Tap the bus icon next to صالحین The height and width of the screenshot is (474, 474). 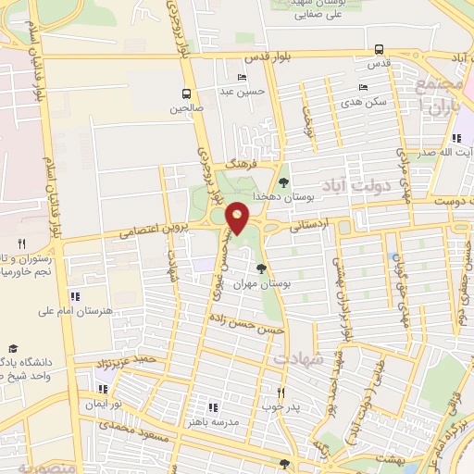187,94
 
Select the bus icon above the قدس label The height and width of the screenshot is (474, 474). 379,50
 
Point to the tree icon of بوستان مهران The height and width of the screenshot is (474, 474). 261,268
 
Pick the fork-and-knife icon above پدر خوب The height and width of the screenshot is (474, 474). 281,391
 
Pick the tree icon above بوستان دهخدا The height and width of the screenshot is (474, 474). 283,182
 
